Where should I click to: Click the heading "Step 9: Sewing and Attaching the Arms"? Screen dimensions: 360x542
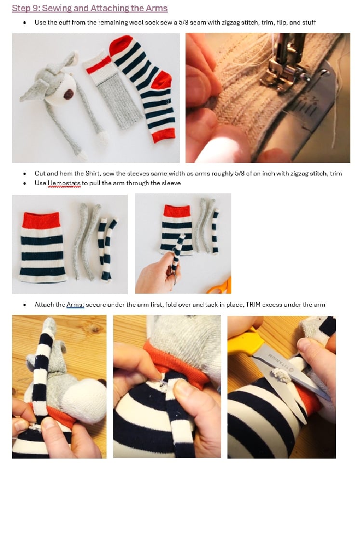(x=90, y=8)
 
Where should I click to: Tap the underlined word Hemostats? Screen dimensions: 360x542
(x=64, y=183)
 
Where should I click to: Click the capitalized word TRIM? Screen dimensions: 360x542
(x=253, y=305)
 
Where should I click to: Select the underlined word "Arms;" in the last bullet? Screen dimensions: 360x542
(x=75, y=305)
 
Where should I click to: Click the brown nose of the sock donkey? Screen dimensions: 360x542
(x=69, y=94)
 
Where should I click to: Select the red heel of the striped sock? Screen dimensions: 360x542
(x=161, y=81)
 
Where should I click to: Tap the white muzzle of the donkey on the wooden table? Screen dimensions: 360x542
(x=85, y=401)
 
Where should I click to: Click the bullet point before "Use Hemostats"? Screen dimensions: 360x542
(x=25, y=184)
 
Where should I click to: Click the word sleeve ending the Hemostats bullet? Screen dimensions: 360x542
(x=172, y=183)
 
